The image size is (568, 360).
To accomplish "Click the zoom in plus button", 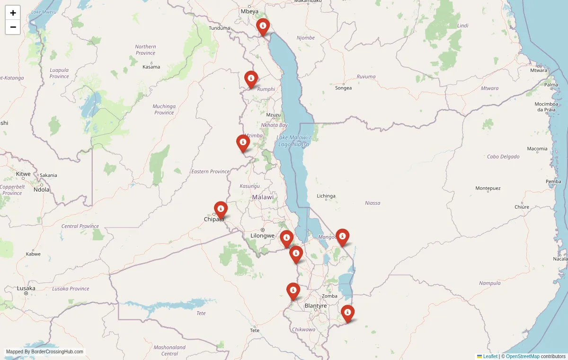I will [x=13, y=13].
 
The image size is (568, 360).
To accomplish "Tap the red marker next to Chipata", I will [x=221, y=209].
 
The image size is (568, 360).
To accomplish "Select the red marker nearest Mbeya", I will [x=263, y=26].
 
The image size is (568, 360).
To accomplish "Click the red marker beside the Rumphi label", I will [x=251, y=79].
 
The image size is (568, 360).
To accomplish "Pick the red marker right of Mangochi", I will [x=342, y=237].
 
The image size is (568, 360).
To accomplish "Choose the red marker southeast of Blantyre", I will [x=348, y=313].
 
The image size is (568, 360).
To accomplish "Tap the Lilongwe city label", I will [x=262, y=236].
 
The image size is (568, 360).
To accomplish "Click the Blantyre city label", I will [x=316, y=306].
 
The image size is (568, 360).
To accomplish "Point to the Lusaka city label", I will [x=26, y=288].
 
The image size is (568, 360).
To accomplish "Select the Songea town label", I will [x=343, y=88].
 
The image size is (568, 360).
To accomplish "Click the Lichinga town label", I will [x=326, y=196].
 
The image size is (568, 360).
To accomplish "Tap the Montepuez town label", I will [x=488, y=188].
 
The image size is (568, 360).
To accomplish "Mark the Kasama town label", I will [x=151, y=67].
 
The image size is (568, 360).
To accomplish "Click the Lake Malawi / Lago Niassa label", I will [x=293, y=140].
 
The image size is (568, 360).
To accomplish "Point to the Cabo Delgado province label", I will [x=503, y=157].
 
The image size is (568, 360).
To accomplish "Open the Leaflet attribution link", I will [x=490, y=356].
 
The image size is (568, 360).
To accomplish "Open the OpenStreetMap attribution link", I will [x=523, y=356].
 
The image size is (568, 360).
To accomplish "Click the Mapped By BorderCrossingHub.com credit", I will [x=44, y=352].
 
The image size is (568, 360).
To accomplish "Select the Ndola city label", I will [x=41, y=190].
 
